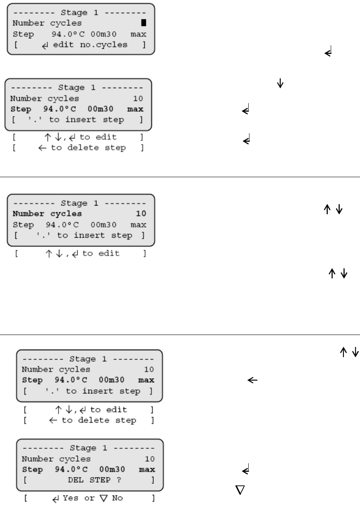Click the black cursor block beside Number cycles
click(144, 23)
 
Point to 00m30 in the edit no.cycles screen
click(104, 34)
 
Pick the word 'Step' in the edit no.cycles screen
click(23, 34)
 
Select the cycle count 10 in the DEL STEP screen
click(149, 459)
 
